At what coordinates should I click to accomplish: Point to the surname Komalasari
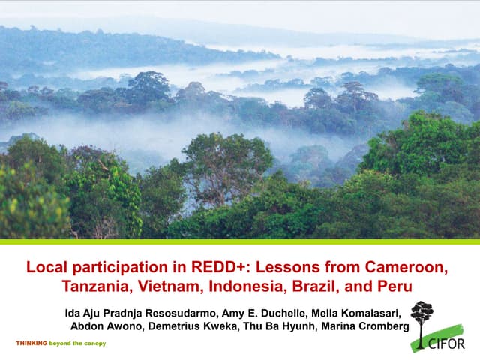[x=371, y=312]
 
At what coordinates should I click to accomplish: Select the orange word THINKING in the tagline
[x=31, y=343]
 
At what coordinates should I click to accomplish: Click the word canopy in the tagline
[x=93, y=343]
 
